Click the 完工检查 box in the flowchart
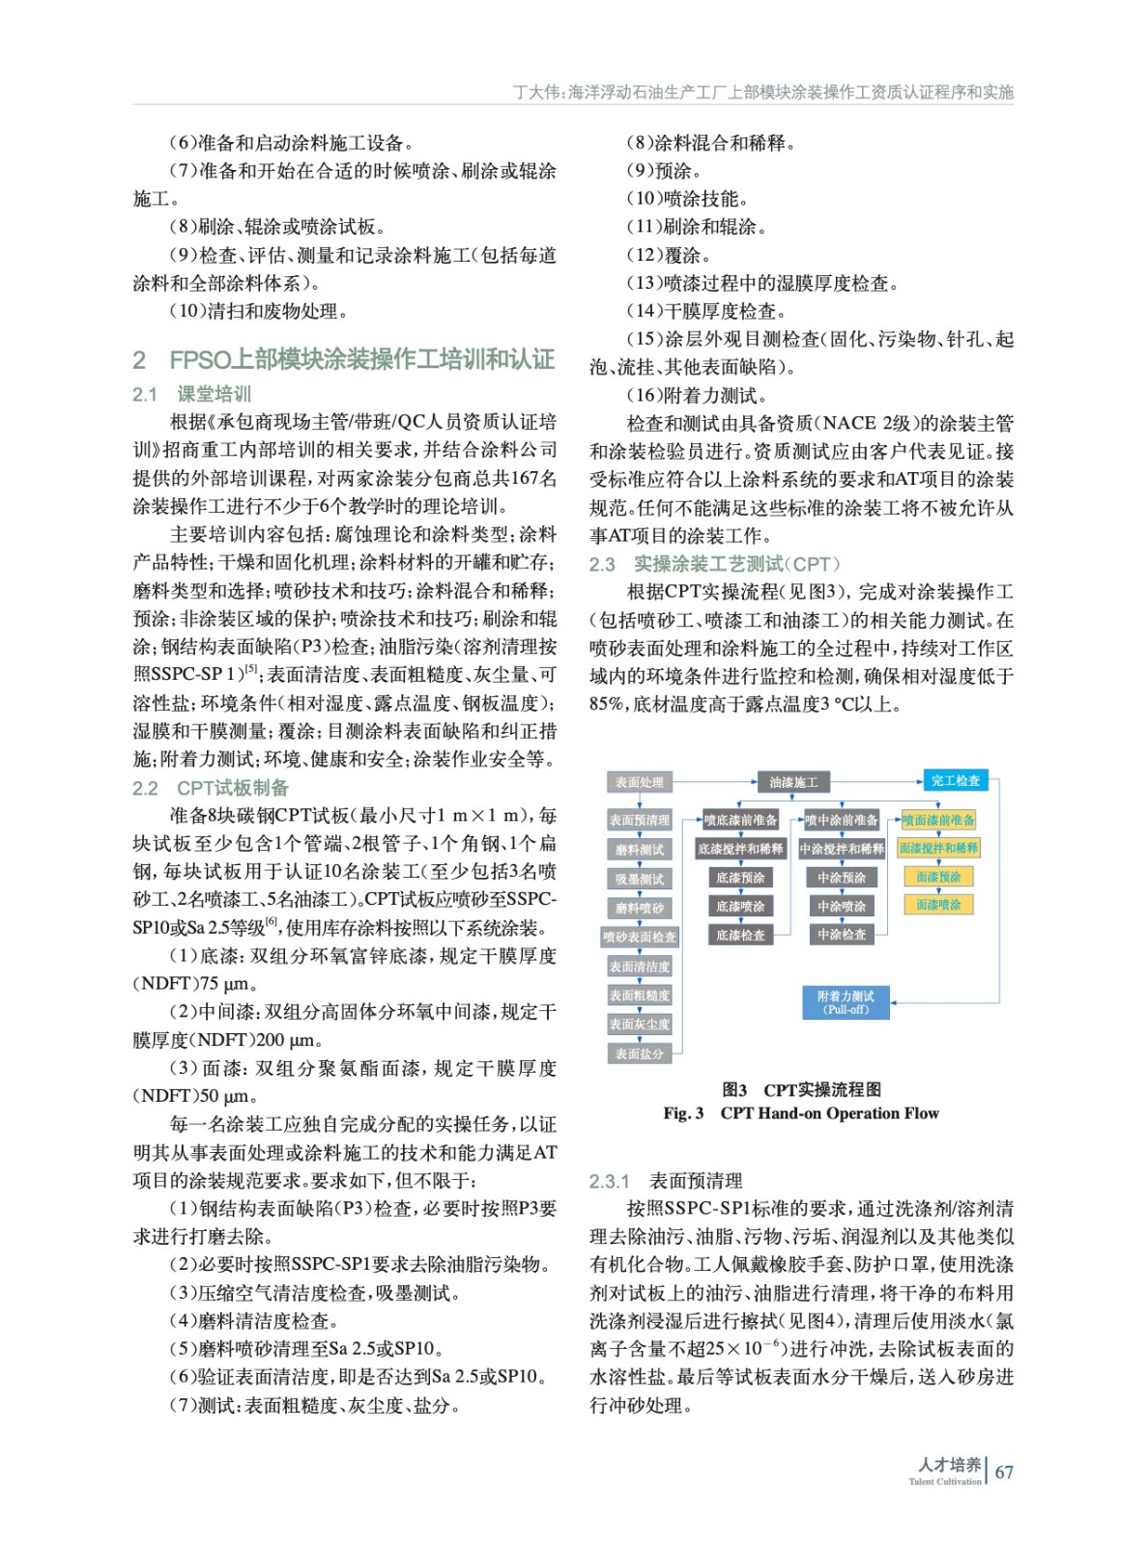click(955, 780)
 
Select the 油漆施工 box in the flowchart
click(792, 782)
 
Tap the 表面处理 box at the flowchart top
click(639, 782)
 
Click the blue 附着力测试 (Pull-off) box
click(846, 1002)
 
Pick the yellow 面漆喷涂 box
click(938, 905)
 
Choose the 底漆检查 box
click(740, 935)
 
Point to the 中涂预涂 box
click(842, 878)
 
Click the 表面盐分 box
click(639, 1053)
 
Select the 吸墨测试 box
click(639, 879)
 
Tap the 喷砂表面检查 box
click(639, 937)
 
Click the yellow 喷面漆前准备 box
click(938, 820)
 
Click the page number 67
click(1005, 1473)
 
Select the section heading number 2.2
click(145, 788)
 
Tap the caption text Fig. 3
click(683, 1113)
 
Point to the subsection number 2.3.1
click(610, 1181)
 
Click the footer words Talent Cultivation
click(944, 1482)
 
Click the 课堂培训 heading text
click(214, 394)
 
